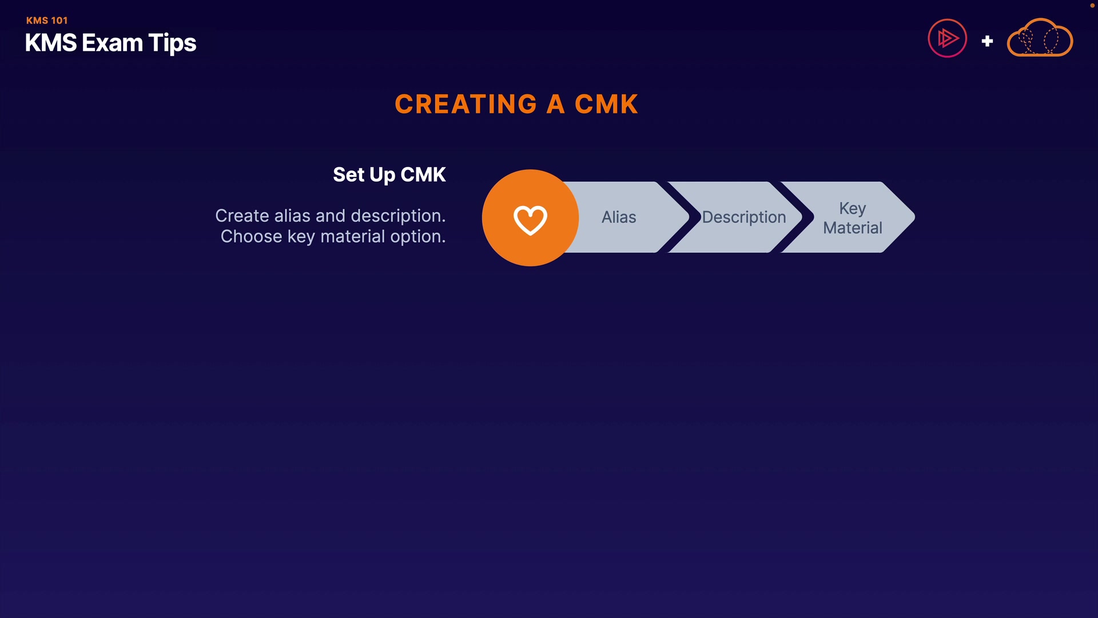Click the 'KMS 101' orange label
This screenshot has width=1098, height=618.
pos(47,21)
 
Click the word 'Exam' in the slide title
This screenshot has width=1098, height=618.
pos(112,43)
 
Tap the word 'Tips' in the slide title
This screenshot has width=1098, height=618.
pos(172,43)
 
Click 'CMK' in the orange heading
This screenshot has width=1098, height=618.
pos(606,104)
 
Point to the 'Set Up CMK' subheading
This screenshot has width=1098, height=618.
pos(389,175)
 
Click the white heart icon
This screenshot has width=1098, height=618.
pos(530,219)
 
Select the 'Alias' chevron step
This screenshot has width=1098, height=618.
pos(619,217)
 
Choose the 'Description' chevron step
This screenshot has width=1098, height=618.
pos(743,217)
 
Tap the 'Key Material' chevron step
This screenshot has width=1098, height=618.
pos(852,218)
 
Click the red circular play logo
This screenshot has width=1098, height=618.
pos(947,38)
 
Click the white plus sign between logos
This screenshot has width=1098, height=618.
pos(987,41)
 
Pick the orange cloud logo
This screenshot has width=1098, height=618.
pos(1040,38)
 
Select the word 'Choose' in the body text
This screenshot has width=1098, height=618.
pos(251,236)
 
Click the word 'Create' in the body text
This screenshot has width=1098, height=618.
pos(242,216)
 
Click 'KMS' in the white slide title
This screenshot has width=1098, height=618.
pos(51,43)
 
